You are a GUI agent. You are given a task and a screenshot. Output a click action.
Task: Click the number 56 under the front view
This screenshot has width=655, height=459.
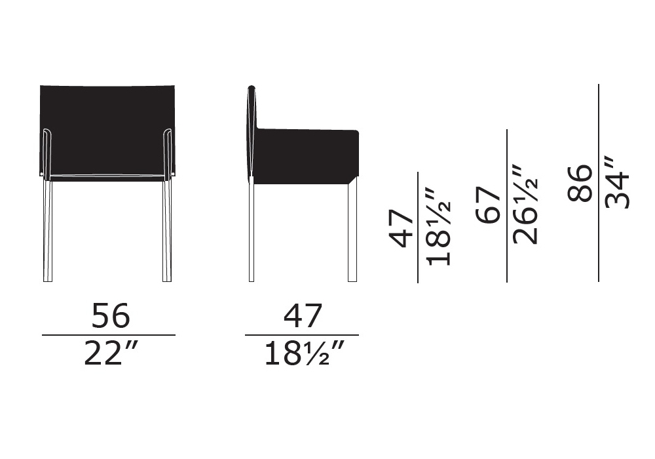click(111, 315)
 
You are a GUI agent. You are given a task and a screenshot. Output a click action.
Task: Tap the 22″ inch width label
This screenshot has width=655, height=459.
click(111, 353)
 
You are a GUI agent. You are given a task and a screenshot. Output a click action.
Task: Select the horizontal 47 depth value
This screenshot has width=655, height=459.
click(303, 315)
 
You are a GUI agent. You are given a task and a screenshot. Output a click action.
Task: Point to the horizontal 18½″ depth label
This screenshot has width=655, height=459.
click(305, 353)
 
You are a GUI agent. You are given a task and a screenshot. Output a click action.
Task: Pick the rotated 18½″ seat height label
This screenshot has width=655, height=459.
click(439, 226)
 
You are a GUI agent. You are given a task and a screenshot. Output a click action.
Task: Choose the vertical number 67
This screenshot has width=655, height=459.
click(488, 205)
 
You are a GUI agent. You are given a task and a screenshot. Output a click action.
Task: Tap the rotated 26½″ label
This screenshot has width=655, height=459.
click(525, 205)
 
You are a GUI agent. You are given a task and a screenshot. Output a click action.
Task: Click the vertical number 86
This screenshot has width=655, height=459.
click(580, 183)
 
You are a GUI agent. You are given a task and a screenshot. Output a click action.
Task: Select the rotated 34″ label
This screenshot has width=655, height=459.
click(617, 182)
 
